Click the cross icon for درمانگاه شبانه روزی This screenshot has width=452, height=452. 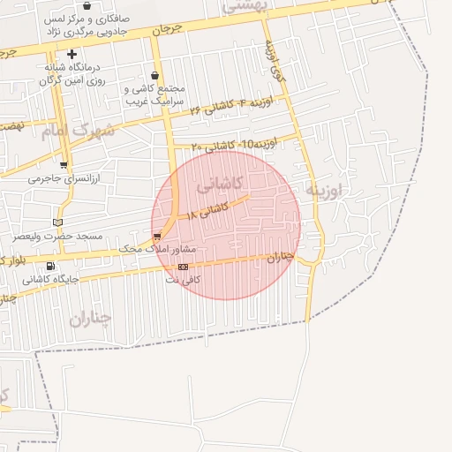pos(72,55)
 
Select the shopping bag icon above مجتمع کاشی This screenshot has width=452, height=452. pos(155,76)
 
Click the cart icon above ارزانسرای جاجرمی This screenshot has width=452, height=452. pos(63,164)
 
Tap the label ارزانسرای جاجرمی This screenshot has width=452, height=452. pos(65,178)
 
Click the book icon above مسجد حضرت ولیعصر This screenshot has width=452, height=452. pos(58,222)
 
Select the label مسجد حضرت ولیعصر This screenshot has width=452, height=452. pos(57,237)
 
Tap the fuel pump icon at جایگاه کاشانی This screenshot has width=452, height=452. pos(49,267)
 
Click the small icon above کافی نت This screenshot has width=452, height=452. pos(183,267)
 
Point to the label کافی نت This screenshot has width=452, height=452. pos(185,280)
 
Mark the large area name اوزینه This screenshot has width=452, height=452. pos(322,189)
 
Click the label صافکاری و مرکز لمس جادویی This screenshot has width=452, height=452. pos(87,24)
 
